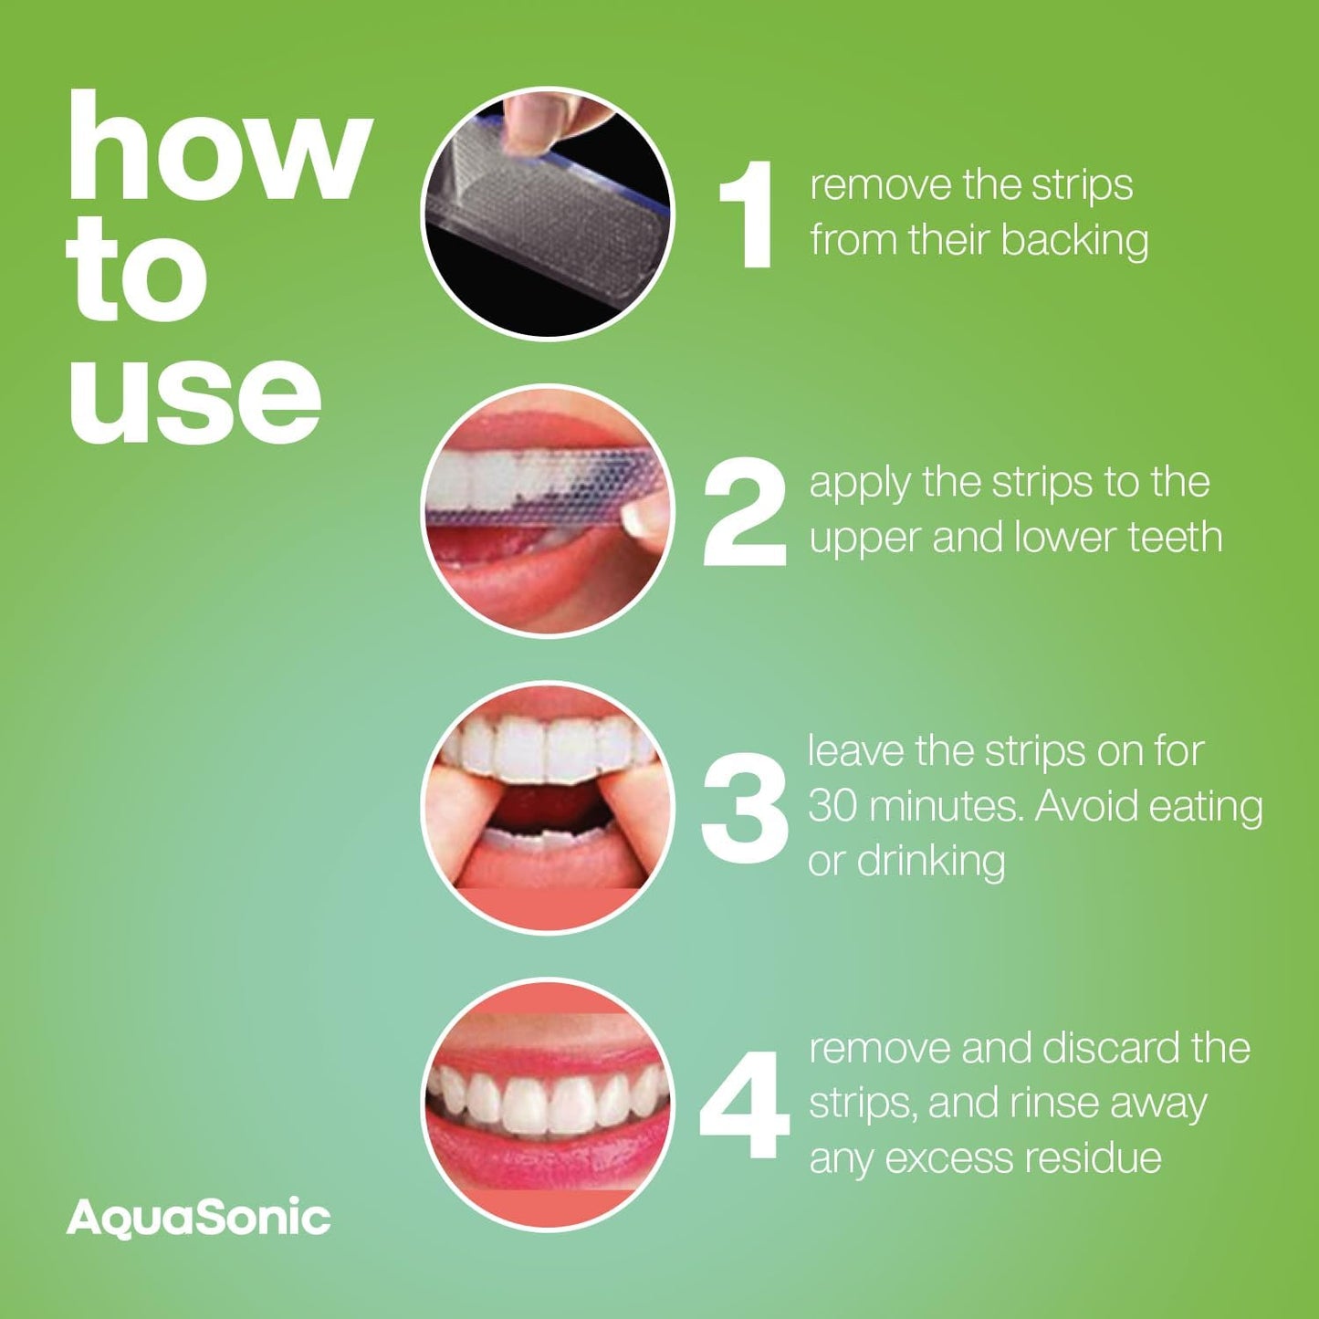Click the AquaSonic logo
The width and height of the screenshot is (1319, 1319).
(x=198, y=1219)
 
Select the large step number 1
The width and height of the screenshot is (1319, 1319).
(x=748, y=215)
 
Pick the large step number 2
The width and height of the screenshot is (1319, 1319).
(x=744, y=513)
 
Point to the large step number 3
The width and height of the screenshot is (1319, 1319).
(x=744, y=808)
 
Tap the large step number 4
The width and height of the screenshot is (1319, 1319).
(x=744, y=1104)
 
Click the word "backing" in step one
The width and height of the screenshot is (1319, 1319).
(x=1074, y=242)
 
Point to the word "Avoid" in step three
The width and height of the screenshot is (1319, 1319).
(x=1086, y=807)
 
